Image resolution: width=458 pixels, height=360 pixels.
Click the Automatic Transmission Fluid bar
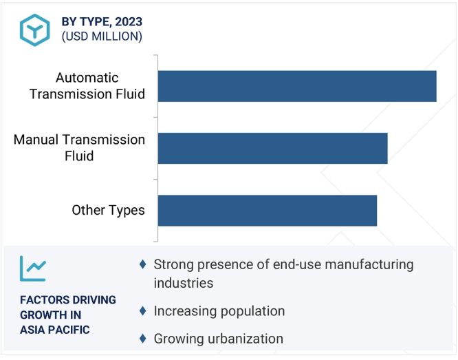pyautogui.click(x=297, y=86)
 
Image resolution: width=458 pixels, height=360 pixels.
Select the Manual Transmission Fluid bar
pyautogui.click(x=273, y=148)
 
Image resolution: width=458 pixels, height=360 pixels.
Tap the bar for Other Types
pyautogui.click(x=268, y=211)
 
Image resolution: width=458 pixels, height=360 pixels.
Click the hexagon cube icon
pyautogui.click(x=35, y=30)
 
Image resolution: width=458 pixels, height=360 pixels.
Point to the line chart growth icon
pyautogui.click(x=33, y=268)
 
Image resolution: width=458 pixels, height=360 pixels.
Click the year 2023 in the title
pyautogui.click(x=129, y=22)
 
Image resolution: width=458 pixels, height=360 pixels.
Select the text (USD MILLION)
pyautogui.click(x=102, y=36)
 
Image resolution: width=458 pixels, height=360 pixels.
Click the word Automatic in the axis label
pyautogui.click(x=87, y=78)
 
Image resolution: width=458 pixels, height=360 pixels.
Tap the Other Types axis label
pyautogui.click(x=108, y=210)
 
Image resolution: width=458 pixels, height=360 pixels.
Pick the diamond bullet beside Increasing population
pyautogui.click(x=143, y=311)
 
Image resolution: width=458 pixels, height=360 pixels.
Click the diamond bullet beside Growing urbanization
pyautogui.click(x=143, y=339)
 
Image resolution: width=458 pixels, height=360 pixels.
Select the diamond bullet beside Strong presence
pyautogui.click(x=143, y=264)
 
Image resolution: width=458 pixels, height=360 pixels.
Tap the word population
pyautogui.click(x=252, y=312)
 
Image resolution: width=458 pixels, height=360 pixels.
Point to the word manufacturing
pyautogui.click(x=369, y=265)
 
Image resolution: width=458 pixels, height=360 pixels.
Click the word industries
pyautogui.click(x=184, y=283)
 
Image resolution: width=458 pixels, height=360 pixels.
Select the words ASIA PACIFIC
pyautogui.click(x=55, y=330)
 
